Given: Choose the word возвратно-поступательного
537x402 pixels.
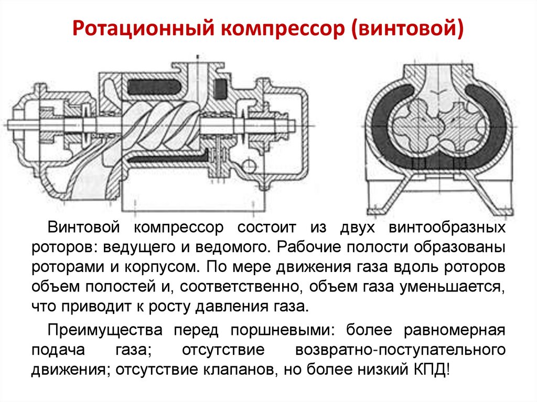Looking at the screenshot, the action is [400, 350].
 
